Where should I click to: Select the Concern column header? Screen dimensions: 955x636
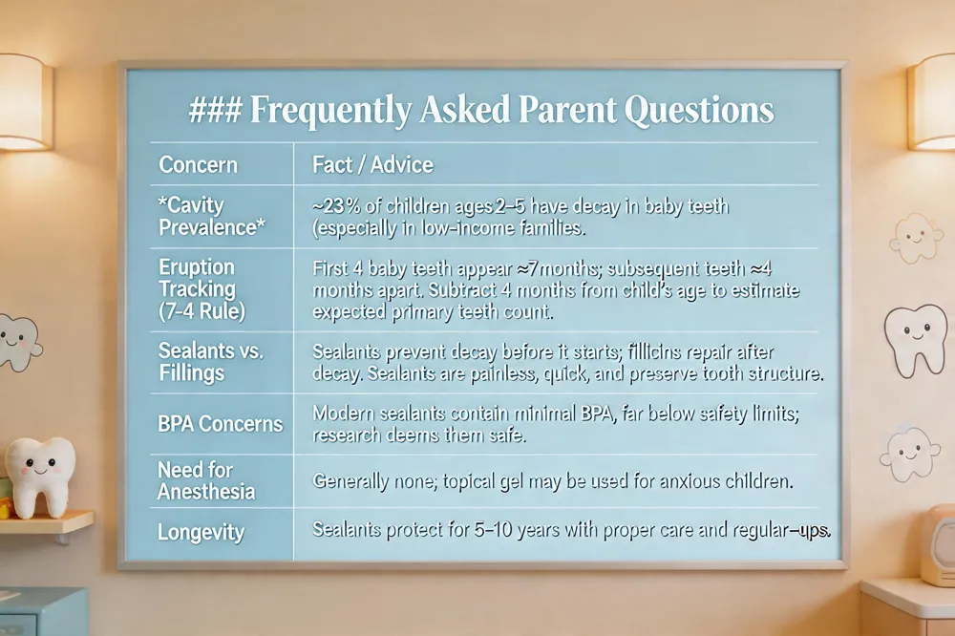click(x=198, y=165)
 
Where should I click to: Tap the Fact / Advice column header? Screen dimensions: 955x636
click(x=372, y=164)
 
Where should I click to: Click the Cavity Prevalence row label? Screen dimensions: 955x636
click(x=211, y=216)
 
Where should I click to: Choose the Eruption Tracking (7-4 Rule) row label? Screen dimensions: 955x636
click(x=202, y=288)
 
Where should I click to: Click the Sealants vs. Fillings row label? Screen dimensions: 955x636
click(x=211, y=361)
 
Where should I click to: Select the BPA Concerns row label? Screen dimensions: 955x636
click(x=220, y=423)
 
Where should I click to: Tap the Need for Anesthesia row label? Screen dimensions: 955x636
click(x=206, y=480)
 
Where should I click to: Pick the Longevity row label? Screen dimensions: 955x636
click(x=201, y=533)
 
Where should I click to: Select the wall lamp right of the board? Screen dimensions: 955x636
click(x=931, y=102)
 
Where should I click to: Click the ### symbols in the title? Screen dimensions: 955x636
click(x=216, y=110)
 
